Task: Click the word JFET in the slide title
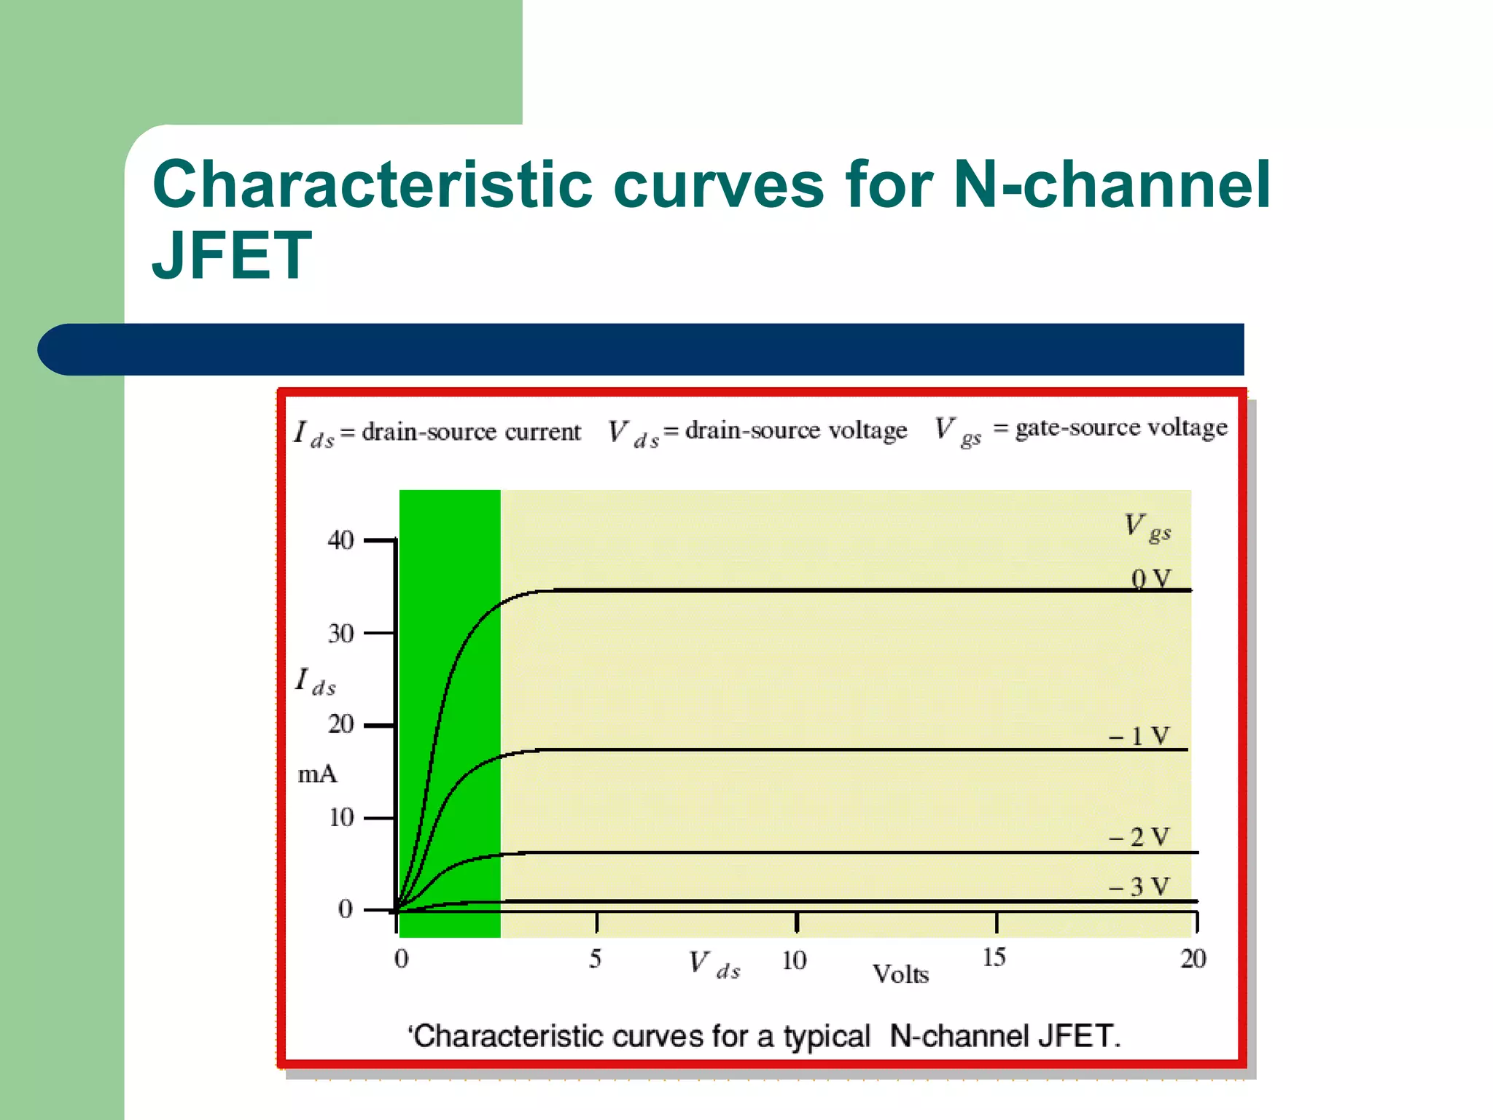232,255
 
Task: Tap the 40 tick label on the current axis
340,540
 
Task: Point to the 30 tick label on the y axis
340,633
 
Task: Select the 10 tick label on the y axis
340,817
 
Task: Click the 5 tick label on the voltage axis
596,958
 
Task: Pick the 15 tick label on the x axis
994,957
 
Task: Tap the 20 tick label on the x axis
1193,958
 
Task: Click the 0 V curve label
1150,579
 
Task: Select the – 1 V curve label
1139,736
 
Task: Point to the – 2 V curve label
1139,836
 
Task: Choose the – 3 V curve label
1139,887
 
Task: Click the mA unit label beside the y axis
318,774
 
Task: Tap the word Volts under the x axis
900,974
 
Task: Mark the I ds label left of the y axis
315,682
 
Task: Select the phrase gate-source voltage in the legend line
1121,427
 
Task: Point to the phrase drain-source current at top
471,432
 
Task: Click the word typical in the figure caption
827,1036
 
